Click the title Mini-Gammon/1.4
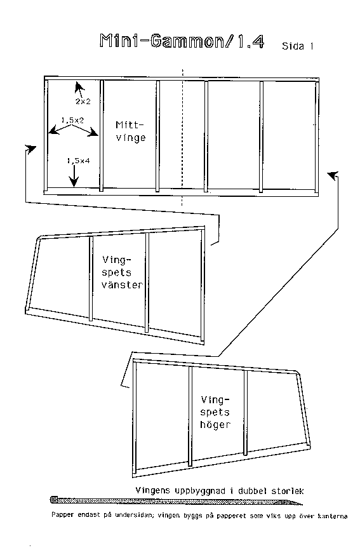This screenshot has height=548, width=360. (x=182, y=41)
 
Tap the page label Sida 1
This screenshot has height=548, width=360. (x=297, y=46)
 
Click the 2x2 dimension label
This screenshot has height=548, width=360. (x=83, y=102)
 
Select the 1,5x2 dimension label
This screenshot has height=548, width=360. (x=73, y=120)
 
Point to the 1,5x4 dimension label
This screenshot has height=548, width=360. (x=78, y=161)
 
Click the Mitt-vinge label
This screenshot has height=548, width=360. (x=130, y=131)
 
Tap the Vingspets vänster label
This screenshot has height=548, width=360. (x=123, y=272)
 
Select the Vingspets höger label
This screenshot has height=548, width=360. (x=215, y=412)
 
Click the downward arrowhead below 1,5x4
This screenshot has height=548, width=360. (x=74, y=182)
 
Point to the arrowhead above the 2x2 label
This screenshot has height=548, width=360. (x=79, y=86)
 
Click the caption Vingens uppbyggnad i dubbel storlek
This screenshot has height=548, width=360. (x=220, y=491)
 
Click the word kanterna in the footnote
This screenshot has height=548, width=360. (x=333, y=516)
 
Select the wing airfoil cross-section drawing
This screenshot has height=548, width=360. (x=177, y=502)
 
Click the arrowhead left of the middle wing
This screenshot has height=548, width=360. (x=31, y=149)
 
